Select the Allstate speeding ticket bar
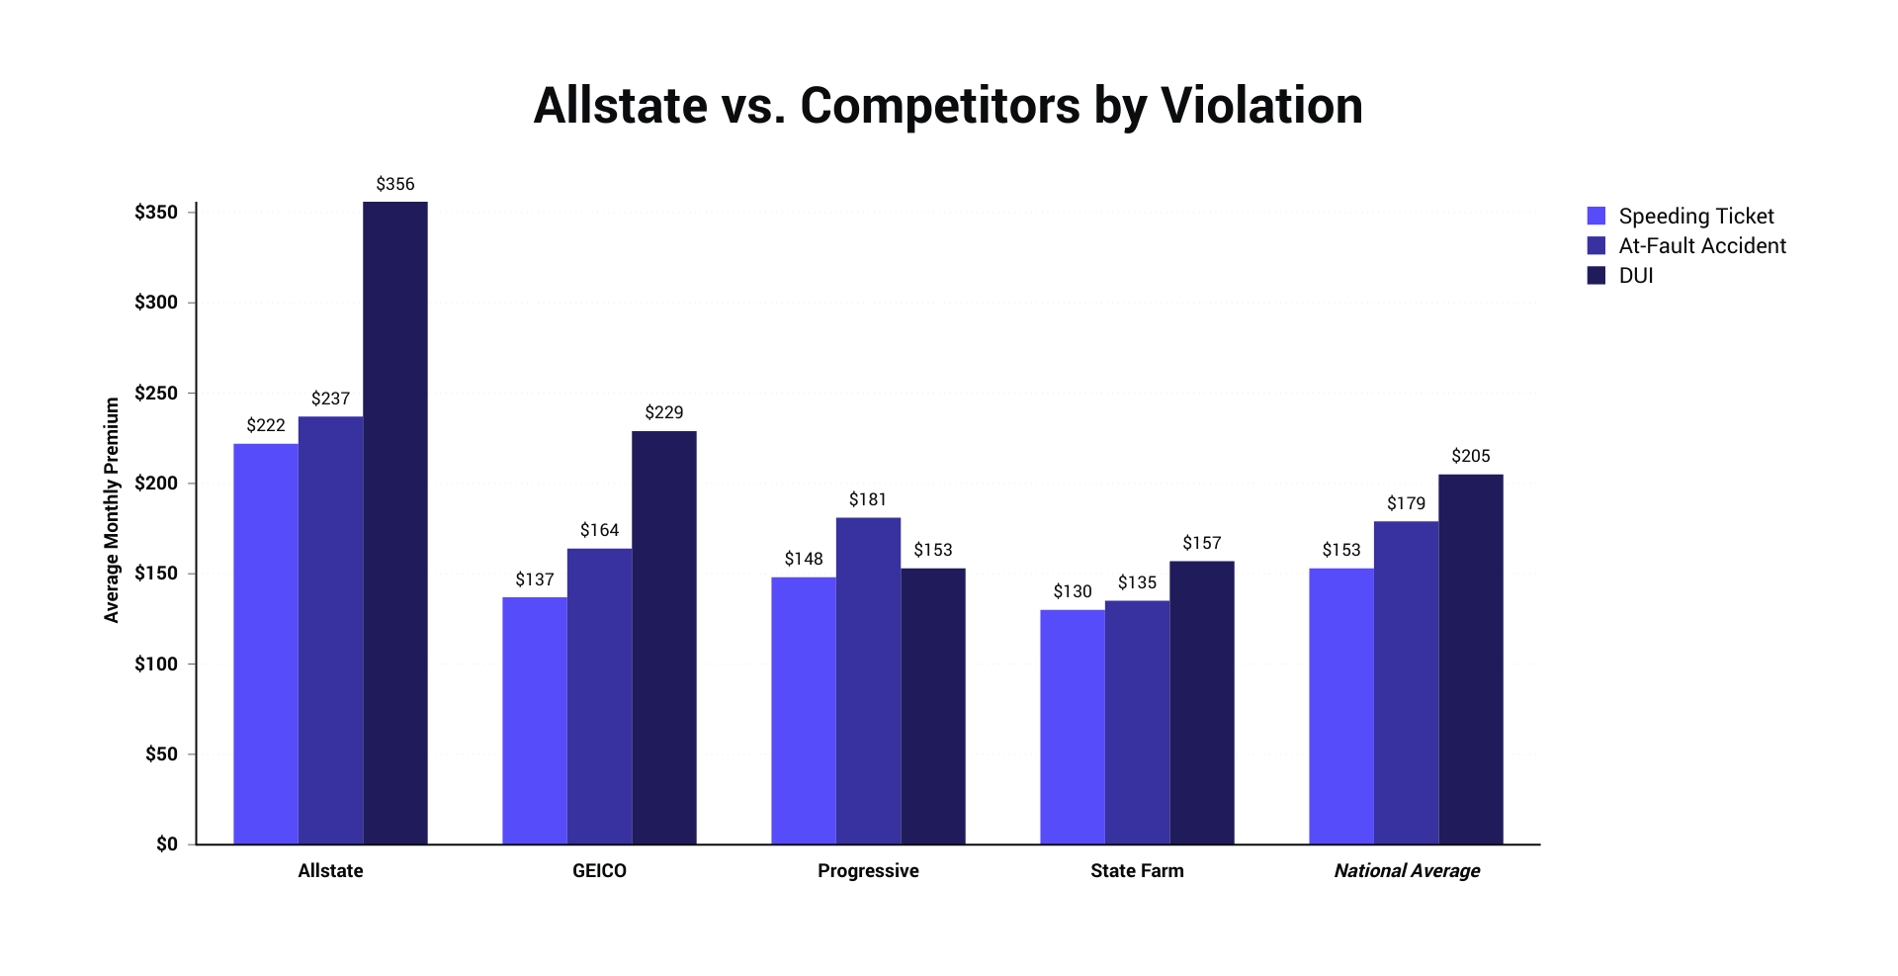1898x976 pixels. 265,643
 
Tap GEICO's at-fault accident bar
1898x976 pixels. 599,696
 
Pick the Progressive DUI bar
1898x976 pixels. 932,706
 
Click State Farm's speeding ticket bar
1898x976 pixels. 1072,727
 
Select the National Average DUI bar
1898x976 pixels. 1470,659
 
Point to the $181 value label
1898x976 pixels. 867,499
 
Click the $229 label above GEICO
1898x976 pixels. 663,412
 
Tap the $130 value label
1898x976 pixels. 1072,591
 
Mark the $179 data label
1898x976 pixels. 1406,503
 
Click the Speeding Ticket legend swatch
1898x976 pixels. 1596,216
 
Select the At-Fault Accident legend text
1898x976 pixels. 1701,245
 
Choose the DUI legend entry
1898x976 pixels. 1635,275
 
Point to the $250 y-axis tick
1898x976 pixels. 156,393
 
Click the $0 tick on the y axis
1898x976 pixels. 166,843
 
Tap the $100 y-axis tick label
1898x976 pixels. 156,664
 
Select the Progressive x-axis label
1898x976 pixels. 868,870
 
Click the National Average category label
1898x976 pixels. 1406,870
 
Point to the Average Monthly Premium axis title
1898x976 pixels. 112,510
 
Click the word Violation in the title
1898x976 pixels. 1261,105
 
